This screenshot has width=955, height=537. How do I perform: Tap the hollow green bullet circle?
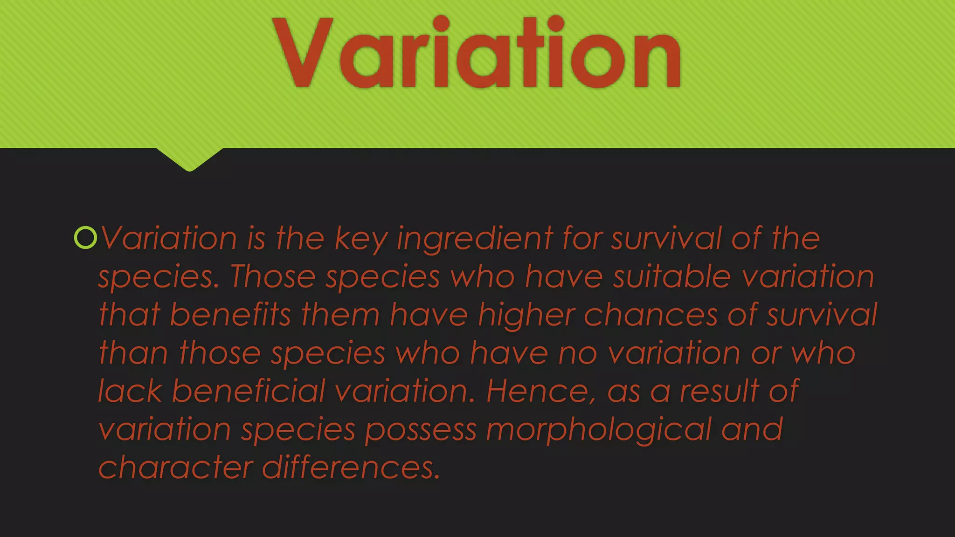(x=85, y=238)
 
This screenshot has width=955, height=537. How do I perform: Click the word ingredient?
(x=475, y=239)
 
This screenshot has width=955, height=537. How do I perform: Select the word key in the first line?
(x=361, y=239)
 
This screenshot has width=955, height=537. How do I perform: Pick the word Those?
(x=272, y=276)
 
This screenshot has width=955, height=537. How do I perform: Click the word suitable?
(x=671, y=276)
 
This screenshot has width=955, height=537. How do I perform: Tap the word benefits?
(x=230, y=315)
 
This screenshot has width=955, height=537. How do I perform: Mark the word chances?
(x=651, y=315)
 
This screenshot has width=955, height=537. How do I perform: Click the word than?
(x=133, y=353)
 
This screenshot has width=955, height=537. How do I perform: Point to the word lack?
(x=130, y=391)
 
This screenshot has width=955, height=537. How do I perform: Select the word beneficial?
(x=249, y=391)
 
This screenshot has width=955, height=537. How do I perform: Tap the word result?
(x=720, y=391)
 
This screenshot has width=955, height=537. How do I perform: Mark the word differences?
(x=351, y=468)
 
